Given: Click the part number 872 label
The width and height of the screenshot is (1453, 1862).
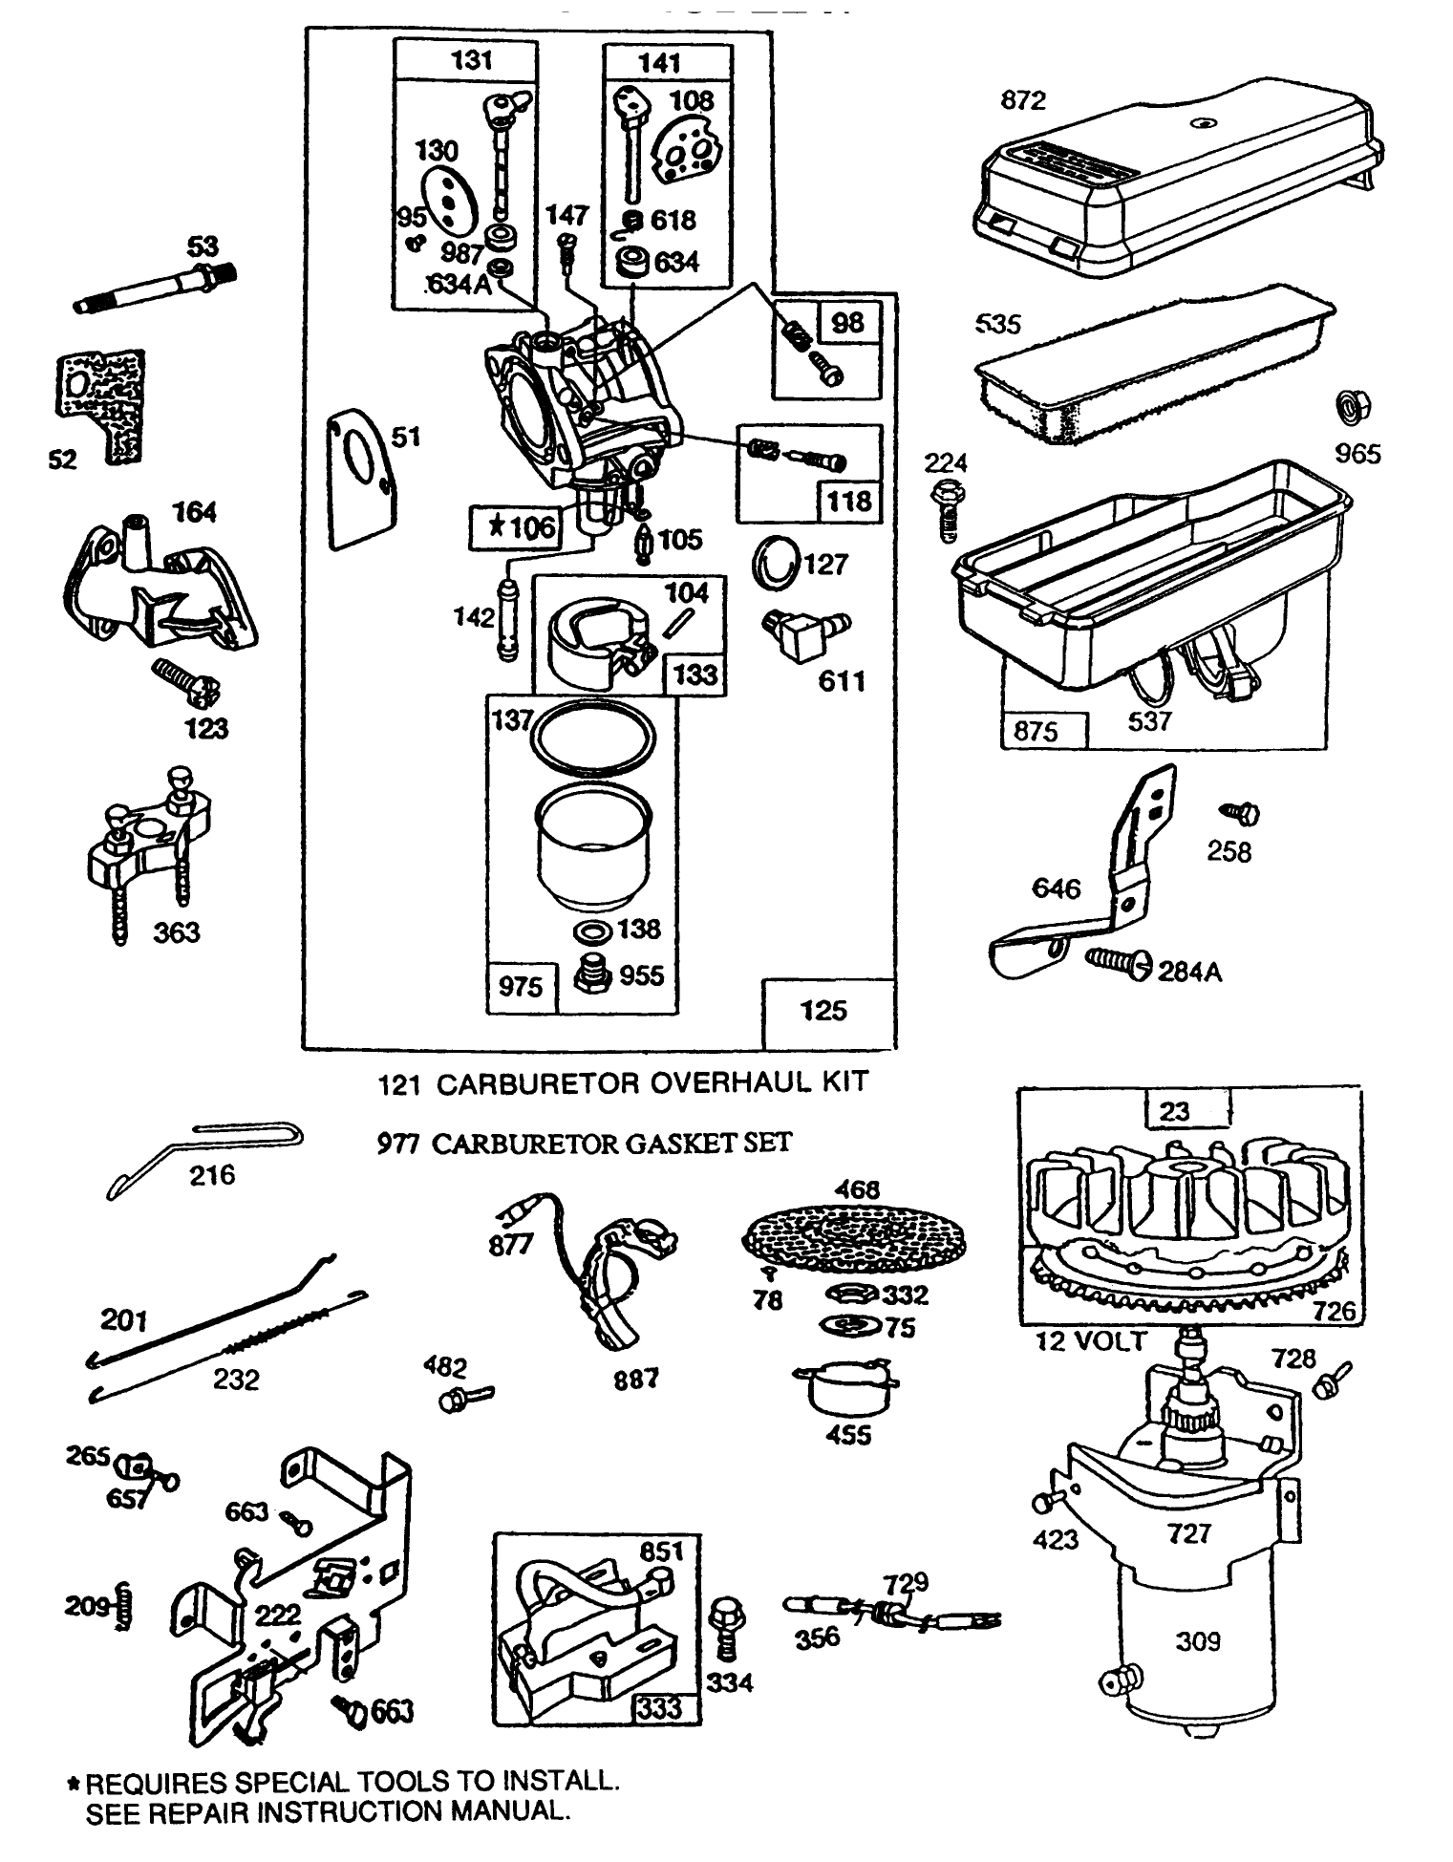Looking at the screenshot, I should (x=1023, y=100).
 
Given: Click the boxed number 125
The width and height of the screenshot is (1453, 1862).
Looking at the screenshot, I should (x=823, y=1011).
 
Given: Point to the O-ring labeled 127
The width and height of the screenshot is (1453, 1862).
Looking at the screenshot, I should (x=774, y=563).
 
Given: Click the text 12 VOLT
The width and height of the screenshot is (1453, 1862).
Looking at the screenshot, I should (x=1090, y=1340).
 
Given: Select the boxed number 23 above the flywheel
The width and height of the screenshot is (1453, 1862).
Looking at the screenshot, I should (x=1174, y=1111).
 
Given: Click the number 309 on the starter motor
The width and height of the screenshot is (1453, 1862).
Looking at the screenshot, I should (x=1197, y=1641).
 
